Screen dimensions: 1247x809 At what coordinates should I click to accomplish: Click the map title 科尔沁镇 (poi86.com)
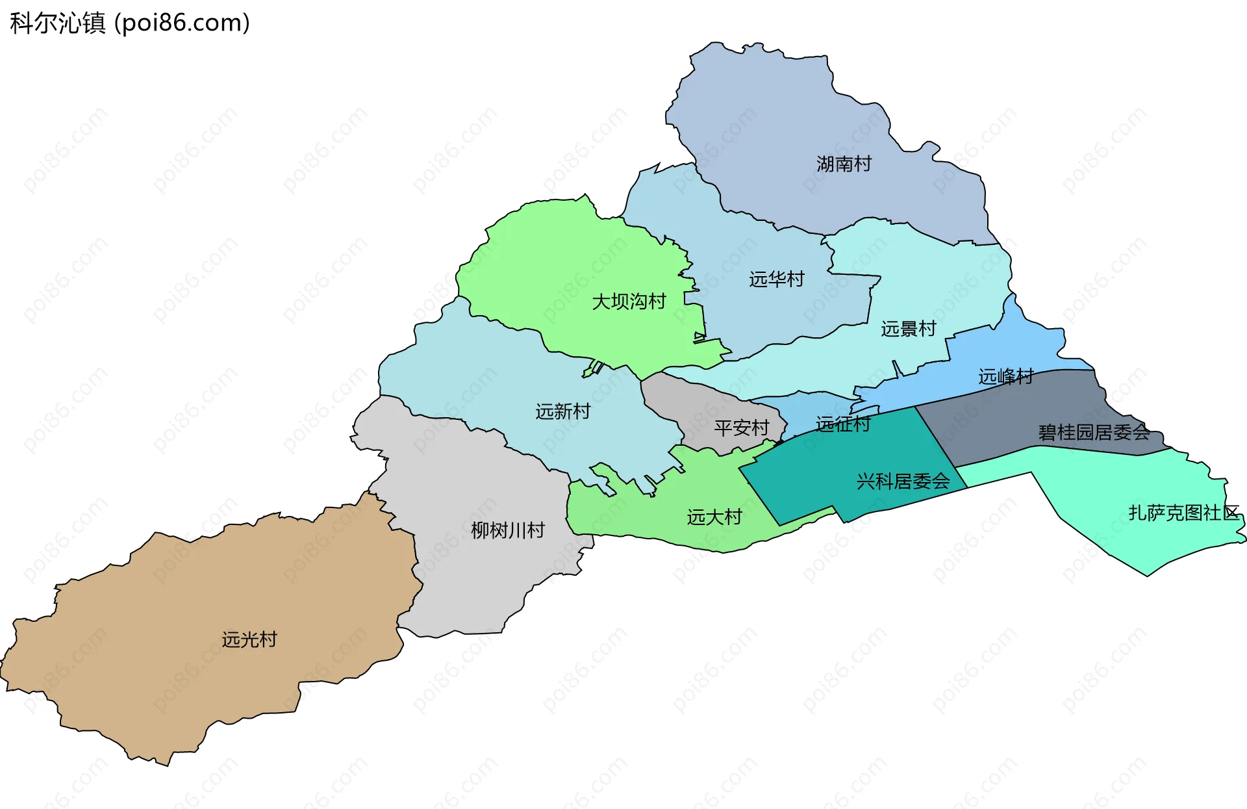pos(130,23)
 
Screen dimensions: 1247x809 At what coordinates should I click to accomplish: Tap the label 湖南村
pos(844,164)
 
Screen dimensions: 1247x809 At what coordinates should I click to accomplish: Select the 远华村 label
pos(776,279)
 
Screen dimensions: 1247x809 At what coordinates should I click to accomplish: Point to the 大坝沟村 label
pos(629,302)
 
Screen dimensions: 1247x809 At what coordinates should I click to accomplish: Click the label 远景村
pos(908,329)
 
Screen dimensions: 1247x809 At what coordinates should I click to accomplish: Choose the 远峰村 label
pos(1005,376)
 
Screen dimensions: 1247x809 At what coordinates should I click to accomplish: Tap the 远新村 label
pos(562,411)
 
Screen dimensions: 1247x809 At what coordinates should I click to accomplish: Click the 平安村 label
pos(741,428)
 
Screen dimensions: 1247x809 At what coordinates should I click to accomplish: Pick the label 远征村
pos(842,424)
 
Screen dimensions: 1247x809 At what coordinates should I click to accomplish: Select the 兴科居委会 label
pos(903,482)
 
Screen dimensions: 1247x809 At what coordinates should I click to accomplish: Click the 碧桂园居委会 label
pos(1094,432)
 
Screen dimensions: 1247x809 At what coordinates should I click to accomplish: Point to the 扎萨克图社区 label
pos(1183,513)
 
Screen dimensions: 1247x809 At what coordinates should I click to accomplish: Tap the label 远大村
pos(714,517)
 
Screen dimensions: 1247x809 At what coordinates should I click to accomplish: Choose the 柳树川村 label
pos(507,530)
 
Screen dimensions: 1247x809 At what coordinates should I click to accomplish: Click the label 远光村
pos(249,639)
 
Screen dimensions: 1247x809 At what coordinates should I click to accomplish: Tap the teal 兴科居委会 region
pos(844,468)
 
